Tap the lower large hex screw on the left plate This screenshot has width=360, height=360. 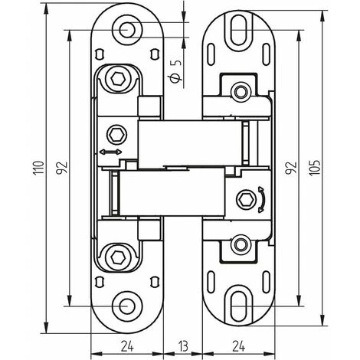[116, 256]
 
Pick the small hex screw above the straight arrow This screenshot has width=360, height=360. [116, 133]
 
